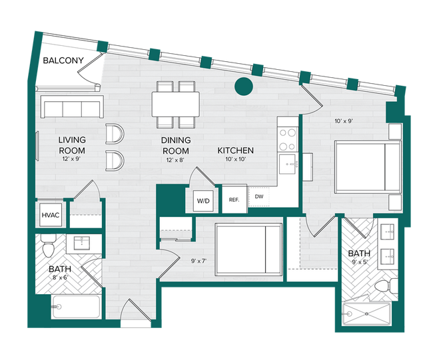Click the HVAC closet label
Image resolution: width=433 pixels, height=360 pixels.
click(x=51, y=216)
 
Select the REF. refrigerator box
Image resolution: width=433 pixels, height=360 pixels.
click(x=234, y=200)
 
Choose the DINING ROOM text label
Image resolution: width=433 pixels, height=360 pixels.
click(x=176, y=146)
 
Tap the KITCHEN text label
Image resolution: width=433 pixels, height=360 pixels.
click(x=236, y=151)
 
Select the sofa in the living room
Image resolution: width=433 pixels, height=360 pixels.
click(x=71, y=106)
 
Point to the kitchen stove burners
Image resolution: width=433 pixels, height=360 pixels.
click(x=288, y=138)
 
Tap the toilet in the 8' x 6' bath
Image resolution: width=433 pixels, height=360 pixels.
click(x=47, y=248)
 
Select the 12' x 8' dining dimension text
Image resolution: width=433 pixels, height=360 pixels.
click(x=176, y=160)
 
